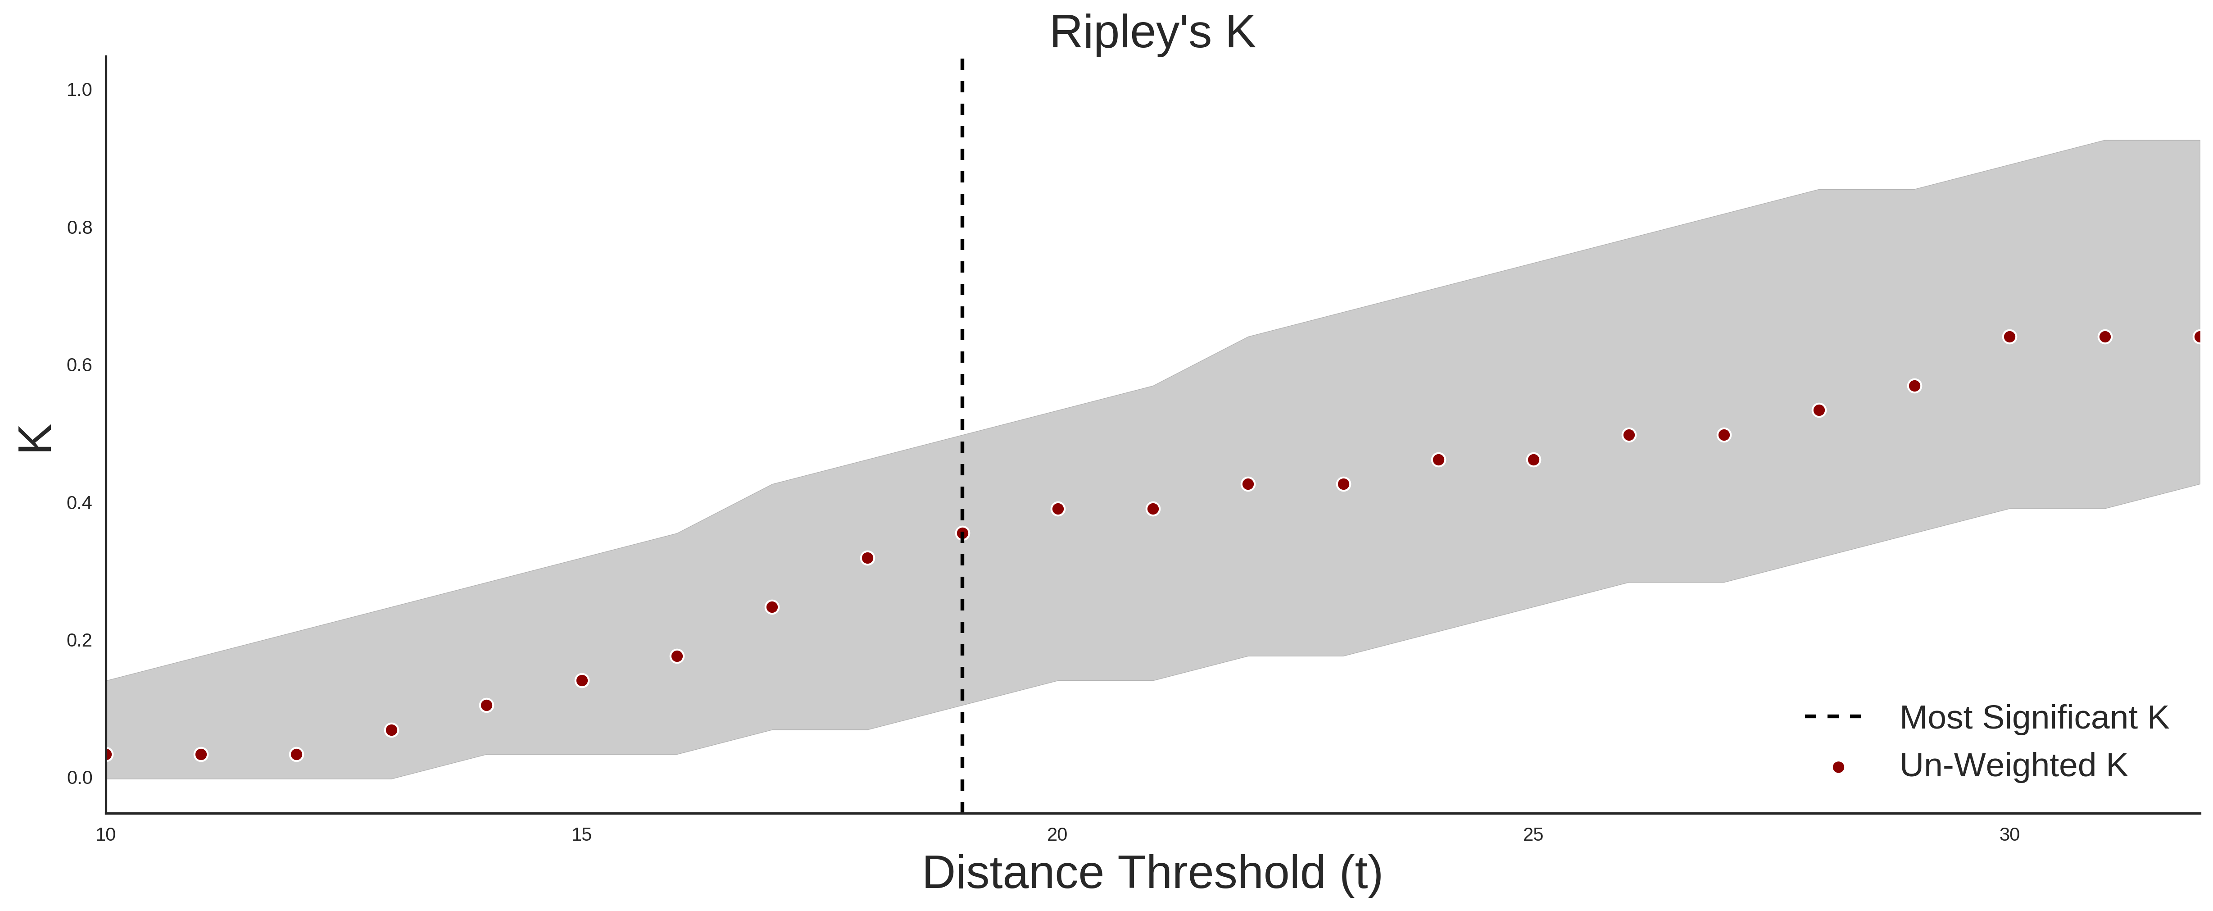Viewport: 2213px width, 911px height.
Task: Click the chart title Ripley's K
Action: pyautogui.click(x=1152, y=32)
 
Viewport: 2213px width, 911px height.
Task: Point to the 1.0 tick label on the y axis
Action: pyautogui.click(x=79, y=90)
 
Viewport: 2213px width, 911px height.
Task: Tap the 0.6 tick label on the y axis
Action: pyautogui.click(x=79, y=365)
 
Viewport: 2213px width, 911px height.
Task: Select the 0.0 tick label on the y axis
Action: pyautogui.click(x=79, y=778)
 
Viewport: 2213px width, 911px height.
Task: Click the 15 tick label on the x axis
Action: pyautogui.click(x=581, y=834)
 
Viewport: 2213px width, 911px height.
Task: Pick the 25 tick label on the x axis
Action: pyautogui.click(x=1533, y=834)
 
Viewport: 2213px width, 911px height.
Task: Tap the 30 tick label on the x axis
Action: pyautogui.click(x=2009, y=834)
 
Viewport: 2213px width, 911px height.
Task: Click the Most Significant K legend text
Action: pyautogui.click(x=2033, y=718)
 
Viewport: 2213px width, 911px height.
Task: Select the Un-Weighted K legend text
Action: pyautogui.click(x=2013, y=765)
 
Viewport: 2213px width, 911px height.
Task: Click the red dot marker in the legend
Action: pyautogui.click(x=1837, y=767)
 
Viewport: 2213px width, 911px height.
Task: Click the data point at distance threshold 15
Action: pyautogui.click(x=581, y=681)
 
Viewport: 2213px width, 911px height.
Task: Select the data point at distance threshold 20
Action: pyautogui.click(x=1057, y=509)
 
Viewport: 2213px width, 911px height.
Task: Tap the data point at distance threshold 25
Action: pyautogui.click(x=1533, y=460)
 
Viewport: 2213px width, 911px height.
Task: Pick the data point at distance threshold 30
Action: pyautogui.click(x=2009, y=337)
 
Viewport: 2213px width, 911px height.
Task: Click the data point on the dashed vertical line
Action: pyautogui.click(x=962, y=534)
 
